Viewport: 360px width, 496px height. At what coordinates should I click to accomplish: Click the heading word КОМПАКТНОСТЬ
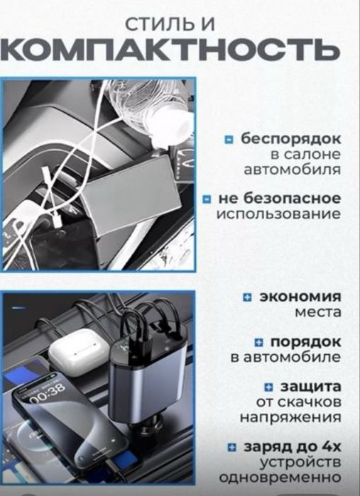170,50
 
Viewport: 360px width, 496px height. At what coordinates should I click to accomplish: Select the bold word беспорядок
291,139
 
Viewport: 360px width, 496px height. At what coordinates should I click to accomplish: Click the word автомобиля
293,170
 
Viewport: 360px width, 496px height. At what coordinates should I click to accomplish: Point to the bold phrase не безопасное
280,199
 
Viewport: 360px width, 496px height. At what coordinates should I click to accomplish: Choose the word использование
279,214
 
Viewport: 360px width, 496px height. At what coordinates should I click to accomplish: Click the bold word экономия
300,297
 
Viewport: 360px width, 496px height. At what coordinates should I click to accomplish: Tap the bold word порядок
306,342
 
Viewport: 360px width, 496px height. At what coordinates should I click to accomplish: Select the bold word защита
310,387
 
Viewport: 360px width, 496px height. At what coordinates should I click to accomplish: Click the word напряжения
290,417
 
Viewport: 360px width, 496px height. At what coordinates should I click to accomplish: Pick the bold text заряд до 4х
293,447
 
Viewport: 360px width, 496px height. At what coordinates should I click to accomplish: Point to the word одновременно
280,478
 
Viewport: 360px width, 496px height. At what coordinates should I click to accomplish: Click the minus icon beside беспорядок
229,140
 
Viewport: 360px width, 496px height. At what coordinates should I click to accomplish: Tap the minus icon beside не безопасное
207,199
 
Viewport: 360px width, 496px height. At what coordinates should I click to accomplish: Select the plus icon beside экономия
247,297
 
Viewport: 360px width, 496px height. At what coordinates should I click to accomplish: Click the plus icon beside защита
268,387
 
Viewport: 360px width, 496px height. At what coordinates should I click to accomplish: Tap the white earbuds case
79,352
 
